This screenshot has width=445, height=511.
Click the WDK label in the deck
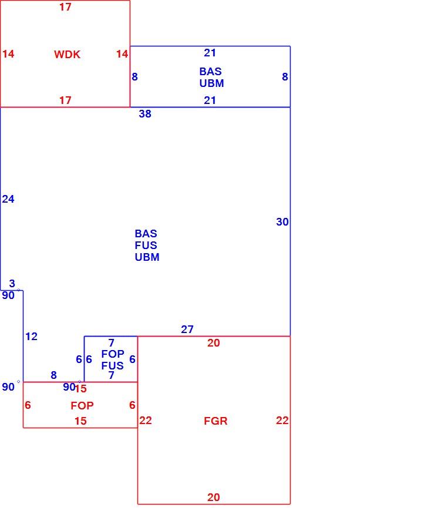(67, 54)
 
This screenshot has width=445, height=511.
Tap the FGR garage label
(215, 421)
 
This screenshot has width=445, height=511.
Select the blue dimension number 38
(145, 114)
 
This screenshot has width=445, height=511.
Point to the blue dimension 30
(282, 222)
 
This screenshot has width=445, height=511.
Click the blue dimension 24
(8, 199)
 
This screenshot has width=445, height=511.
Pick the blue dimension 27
(187, 330)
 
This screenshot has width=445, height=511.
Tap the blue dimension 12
(31, 337)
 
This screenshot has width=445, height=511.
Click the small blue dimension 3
(12, 283)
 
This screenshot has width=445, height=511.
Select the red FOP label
(82, 405)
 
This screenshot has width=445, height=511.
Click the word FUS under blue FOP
(112, 366)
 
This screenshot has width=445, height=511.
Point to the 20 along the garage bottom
(213, 497)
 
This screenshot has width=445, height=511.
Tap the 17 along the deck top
(65, 7)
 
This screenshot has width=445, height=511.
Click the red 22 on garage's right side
(282, 421)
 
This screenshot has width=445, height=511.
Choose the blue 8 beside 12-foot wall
(54, 375)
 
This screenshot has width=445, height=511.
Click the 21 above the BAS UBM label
(210, 53)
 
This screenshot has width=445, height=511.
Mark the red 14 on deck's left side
(8, 54)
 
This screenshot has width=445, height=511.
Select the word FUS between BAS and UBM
(146, 245)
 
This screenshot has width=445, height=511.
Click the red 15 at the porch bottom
(80, 421)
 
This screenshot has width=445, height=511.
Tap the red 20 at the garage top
(213, 343)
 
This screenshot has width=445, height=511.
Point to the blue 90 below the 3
(8, 295)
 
